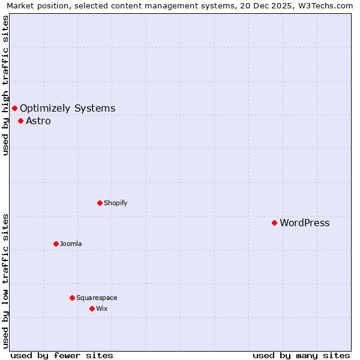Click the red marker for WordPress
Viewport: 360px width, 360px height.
point(274,223)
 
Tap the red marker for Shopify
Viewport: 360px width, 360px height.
point(100,203)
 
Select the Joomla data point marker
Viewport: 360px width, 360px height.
point(56,244)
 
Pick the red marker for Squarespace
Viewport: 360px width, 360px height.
point(72,298)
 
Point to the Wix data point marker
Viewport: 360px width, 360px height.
point(92,308)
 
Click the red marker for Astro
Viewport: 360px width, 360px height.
point(20,121)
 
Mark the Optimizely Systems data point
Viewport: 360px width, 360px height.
point(14,108)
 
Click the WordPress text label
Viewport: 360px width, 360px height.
point(305,223)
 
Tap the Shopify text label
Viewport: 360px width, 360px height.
point(116,203)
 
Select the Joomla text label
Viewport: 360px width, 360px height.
point(71,244)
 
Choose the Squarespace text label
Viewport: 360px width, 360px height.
point(97,298)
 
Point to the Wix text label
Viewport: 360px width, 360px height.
point(102,308)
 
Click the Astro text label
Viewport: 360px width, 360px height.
point(38,121)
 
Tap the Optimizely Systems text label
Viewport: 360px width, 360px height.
point(68,109)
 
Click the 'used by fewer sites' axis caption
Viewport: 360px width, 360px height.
point(62,355)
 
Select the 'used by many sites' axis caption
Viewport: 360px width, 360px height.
point(301,355)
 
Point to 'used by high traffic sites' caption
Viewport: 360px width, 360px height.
point(6,85)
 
